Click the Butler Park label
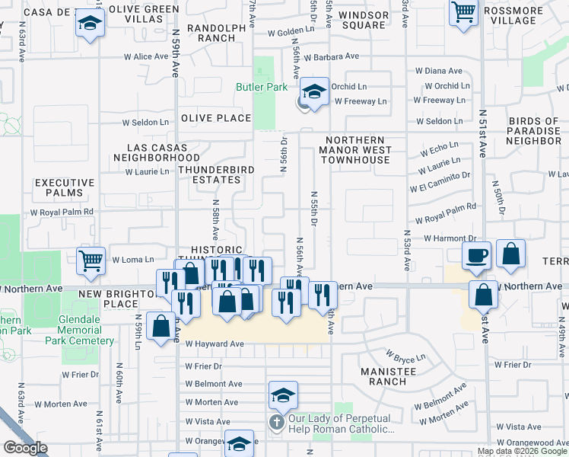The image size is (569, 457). (261, 88)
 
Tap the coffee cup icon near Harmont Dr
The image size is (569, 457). (477, 256)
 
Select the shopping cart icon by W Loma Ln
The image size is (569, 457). (91, 260)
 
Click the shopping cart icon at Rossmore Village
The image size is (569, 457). (463, 12)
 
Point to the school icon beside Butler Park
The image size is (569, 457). (313, 92)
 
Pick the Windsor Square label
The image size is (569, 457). (363, 20)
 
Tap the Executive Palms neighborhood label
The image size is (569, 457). (65, 187)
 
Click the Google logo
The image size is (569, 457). (26, 448)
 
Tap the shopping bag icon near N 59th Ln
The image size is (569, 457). (161, 328)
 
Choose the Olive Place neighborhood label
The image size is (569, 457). (216, 118)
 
